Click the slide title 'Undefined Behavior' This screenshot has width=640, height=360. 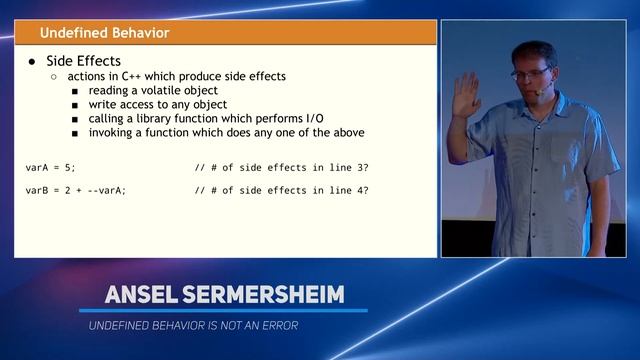coord(104,33)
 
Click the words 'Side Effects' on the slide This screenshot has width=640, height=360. coord(84,60)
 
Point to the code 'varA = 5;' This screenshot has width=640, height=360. coord(50,166)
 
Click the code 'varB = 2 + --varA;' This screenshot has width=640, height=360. coord(76,190)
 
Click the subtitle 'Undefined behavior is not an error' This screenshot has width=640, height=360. coord(193,325)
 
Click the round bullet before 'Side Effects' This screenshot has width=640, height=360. coord(33,61)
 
